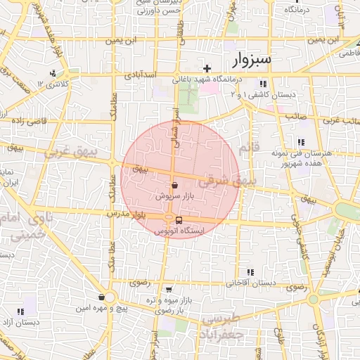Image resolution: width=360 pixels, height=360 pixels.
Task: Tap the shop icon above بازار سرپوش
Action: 174,186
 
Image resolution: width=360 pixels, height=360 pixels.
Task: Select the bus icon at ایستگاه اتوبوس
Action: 178,219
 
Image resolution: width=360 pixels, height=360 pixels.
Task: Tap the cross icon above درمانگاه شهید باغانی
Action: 207,68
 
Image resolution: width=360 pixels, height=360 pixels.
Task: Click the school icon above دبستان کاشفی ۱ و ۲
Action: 263,84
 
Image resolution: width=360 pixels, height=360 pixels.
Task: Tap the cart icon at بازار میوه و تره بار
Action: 169,289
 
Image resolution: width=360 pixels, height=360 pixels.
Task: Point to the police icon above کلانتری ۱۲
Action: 53,74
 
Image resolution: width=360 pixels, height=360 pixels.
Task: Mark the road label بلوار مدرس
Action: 127,213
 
